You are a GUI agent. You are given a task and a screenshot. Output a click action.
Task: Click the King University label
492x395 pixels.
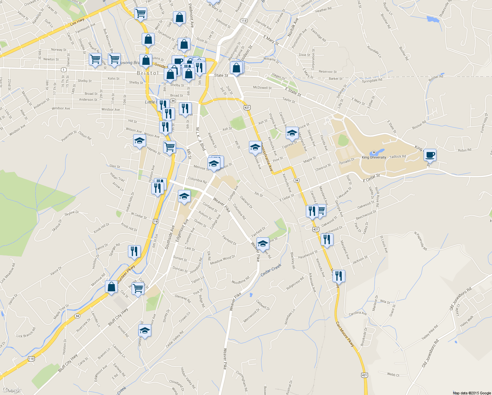click(374, 157)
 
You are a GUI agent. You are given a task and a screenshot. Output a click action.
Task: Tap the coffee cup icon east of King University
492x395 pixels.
click(430, 155)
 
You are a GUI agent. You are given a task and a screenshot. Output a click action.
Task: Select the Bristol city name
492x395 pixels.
click(148, 73)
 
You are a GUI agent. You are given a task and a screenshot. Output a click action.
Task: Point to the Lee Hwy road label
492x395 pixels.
click(77, 22)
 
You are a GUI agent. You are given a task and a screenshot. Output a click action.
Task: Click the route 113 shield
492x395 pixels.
click(243, 21)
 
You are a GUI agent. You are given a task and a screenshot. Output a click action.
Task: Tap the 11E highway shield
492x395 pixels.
click(31, 358)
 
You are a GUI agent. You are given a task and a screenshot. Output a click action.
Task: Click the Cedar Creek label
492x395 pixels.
click(271, 270)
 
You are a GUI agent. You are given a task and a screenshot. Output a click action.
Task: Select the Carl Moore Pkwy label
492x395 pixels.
click(345, 334)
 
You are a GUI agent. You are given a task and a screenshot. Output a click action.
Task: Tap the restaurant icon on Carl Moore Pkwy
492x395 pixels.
click(338, 276)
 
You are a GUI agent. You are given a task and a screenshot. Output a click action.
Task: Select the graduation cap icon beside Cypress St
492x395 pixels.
click(292, 133)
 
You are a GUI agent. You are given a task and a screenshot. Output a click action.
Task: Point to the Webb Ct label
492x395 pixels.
click(393, 375)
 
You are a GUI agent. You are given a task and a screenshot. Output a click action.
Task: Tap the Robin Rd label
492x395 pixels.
click(464, 150)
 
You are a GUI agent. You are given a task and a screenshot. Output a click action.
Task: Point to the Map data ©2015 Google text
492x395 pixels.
click(472, 393)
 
